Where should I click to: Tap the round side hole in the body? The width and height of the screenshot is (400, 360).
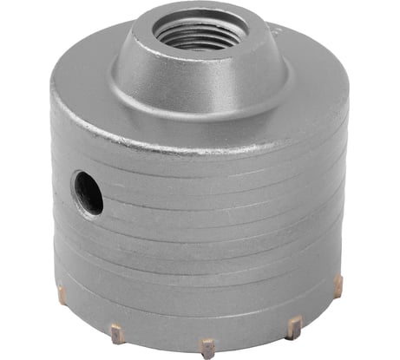coord(89,192)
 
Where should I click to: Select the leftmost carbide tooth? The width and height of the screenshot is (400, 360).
coord(62,294)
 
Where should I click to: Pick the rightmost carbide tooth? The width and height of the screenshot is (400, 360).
coord(338,285)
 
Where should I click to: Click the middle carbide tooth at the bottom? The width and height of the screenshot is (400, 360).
coord(207,347)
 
